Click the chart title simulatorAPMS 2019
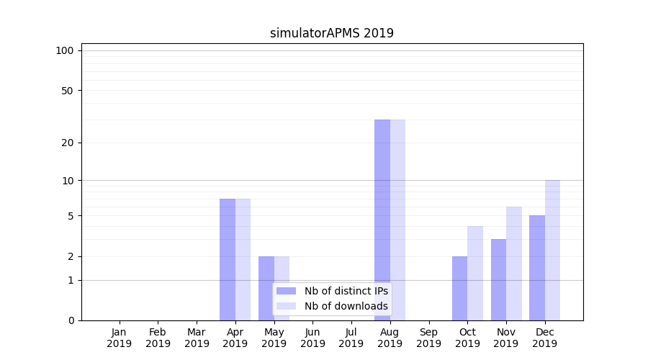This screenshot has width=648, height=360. pos(332,33)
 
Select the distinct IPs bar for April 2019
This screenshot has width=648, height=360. pos(228,259)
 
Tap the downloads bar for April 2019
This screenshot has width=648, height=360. pos(243,259)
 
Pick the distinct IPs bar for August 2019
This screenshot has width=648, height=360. pos(382,220)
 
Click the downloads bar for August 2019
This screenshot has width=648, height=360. pos(397,220)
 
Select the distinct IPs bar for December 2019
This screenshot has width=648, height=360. pos(537,268)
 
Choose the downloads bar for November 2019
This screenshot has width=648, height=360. pos(514,264)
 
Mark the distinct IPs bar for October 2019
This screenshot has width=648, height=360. pos(459,288)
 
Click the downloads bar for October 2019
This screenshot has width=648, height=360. pos(475,273)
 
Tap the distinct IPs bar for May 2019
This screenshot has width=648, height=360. pos(266,288)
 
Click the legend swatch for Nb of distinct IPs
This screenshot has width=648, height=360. pos(287,291)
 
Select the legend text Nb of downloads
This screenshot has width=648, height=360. pos(346,306)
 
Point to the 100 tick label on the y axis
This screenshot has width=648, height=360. pos(65,50)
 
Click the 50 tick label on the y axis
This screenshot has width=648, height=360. pos(68,91)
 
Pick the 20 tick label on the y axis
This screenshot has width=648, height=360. pos(68,143)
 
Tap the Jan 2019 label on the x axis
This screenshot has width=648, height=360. pos(120,338)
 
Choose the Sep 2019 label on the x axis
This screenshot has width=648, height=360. pos(428,338)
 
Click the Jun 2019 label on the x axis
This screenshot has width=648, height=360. pos(312,338)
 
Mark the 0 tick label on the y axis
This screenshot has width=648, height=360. pos(71,320)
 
